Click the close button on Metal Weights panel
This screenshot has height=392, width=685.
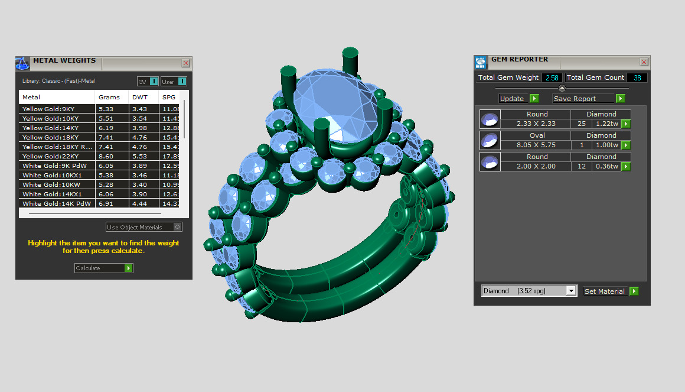click(186, 63)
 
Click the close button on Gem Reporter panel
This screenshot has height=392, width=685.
click(644, 61)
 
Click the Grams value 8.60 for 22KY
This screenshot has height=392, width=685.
click(106, 156)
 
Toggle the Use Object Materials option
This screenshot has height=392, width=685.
click(177, 227)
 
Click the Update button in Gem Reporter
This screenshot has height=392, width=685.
click(518, 99)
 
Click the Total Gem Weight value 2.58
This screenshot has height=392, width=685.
click(552, 77)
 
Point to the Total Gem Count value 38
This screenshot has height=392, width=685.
click(637, 77)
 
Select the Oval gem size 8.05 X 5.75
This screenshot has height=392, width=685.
click(537, 145)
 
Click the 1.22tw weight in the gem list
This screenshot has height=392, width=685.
click(606, 124)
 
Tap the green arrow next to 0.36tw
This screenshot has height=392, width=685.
click(626, 167)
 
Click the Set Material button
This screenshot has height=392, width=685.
click(611, 291)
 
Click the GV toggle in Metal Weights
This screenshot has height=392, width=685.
click(148, 81)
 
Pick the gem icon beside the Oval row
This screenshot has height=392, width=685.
click(490, 140)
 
